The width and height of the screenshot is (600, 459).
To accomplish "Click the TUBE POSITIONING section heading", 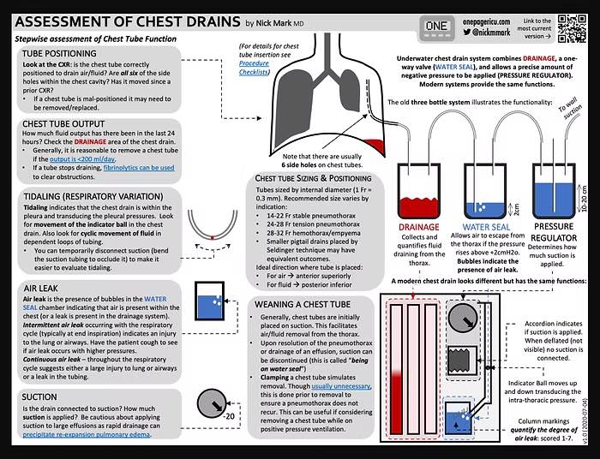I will tap(65, 53).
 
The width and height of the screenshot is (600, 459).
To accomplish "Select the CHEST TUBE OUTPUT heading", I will tap(69, 124).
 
